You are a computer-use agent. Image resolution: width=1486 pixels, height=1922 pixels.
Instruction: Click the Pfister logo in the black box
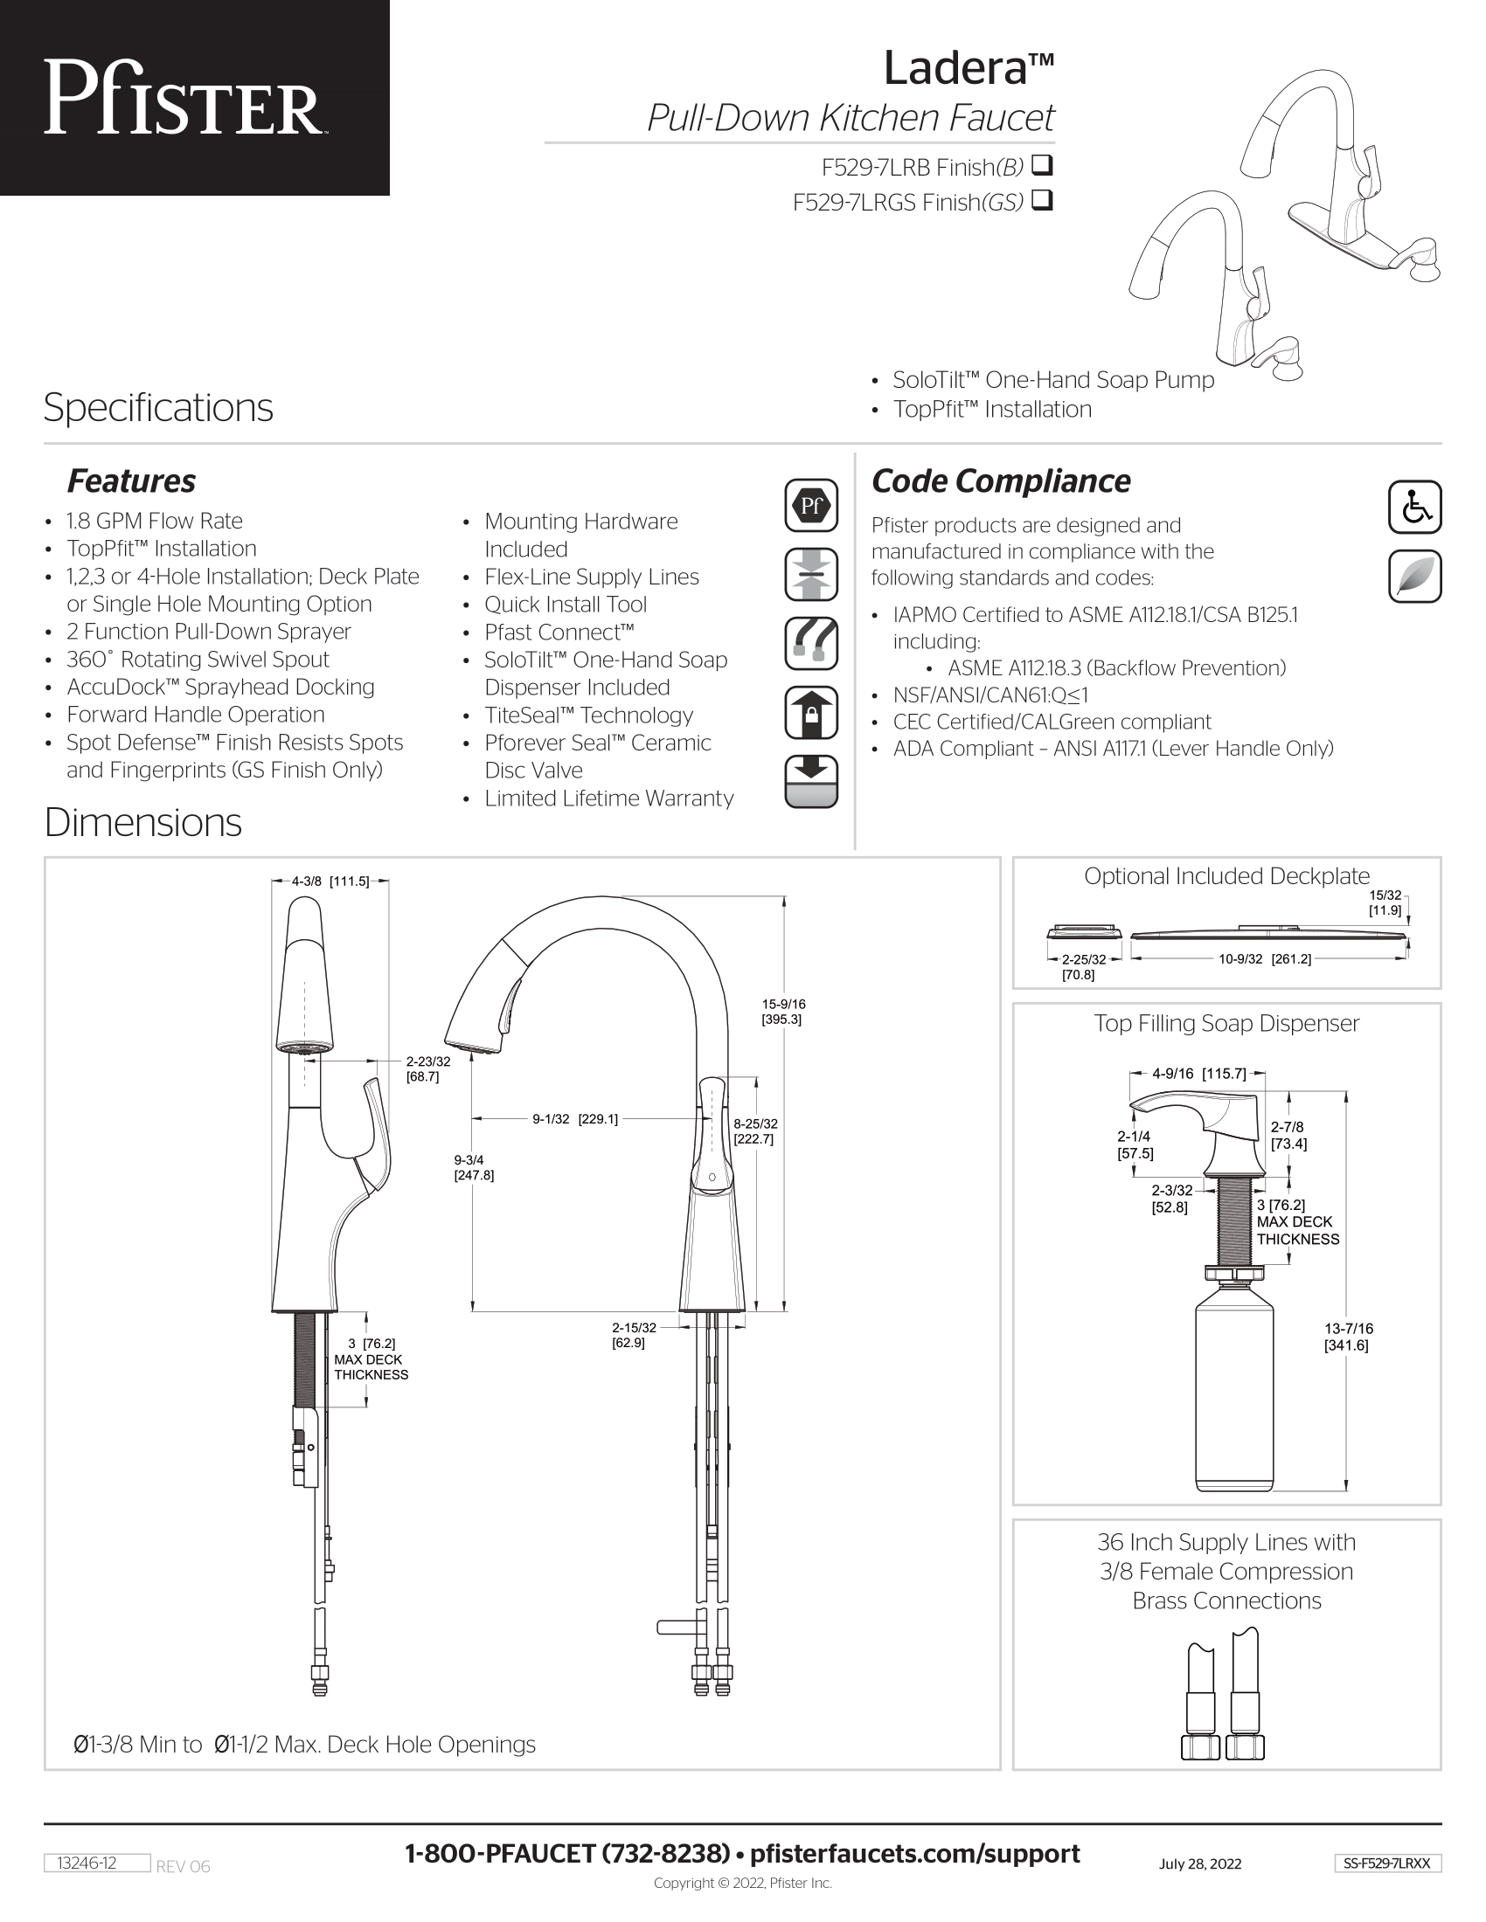click(x=183, y=98)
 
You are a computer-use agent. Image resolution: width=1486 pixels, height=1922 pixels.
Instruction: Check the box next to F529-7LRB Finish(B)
click(x=1042, y=164)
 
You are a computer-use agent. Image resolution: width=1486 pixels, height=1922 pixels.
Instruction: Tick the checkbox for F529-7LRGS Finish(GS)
click(x=1042, y=201)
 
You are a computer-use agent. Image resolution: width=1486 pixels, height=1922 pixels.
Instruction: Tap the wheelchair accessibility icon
click(x=1413, y=507)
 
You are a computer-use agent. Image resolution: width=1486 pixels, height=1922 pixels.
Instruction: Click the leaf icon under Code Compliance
click(x=1413, y=577)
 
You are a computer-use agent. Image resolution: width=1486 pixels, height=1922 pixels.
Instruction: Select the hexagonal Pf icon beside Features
click(x=811, y=505)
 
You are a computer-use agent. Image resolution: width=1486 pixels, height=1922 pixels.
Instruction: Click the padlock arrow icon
click(x=811, y=712)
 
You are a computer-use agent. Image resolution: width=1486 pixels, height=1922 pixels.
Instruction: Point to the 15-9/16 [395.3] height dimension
click(x=782, y=1011)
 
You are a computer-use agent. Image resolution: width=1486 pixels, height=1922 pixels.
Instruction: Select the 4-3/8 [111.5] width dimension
click(x=330, y=881)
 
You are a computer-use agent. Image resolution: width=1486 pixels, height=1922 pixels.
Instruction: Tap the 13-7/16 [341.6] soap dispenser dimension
click(x=1348, y=1337)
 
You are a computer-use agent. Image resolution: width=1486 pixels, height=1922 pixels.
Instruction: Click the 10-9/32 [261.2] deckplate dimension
click(x=1264, y=959)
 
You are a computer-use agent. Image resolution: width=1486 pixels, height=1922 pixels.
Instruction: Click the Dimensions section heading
click(x=142, y=823)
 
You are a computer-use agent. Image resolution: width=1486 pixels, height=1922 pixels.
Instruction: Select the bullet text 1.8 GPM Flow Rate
click(x=154, y=521)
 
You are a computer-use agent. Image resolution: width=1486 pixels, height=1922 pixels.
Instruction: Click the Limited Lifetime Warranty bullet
click(x=608, y=799)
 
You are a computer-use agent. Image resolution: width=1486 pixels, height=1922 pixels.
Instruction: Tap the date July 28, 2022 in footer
click(x=1200, y=1864)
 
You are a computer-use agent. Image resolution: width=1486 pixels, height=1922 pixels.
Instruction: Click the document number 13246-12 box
click(x=97, y=1863)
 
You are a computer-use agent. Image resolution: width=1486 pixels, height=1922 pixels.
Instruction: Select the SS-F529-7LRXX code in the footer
click(x=1387, y=1863)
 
